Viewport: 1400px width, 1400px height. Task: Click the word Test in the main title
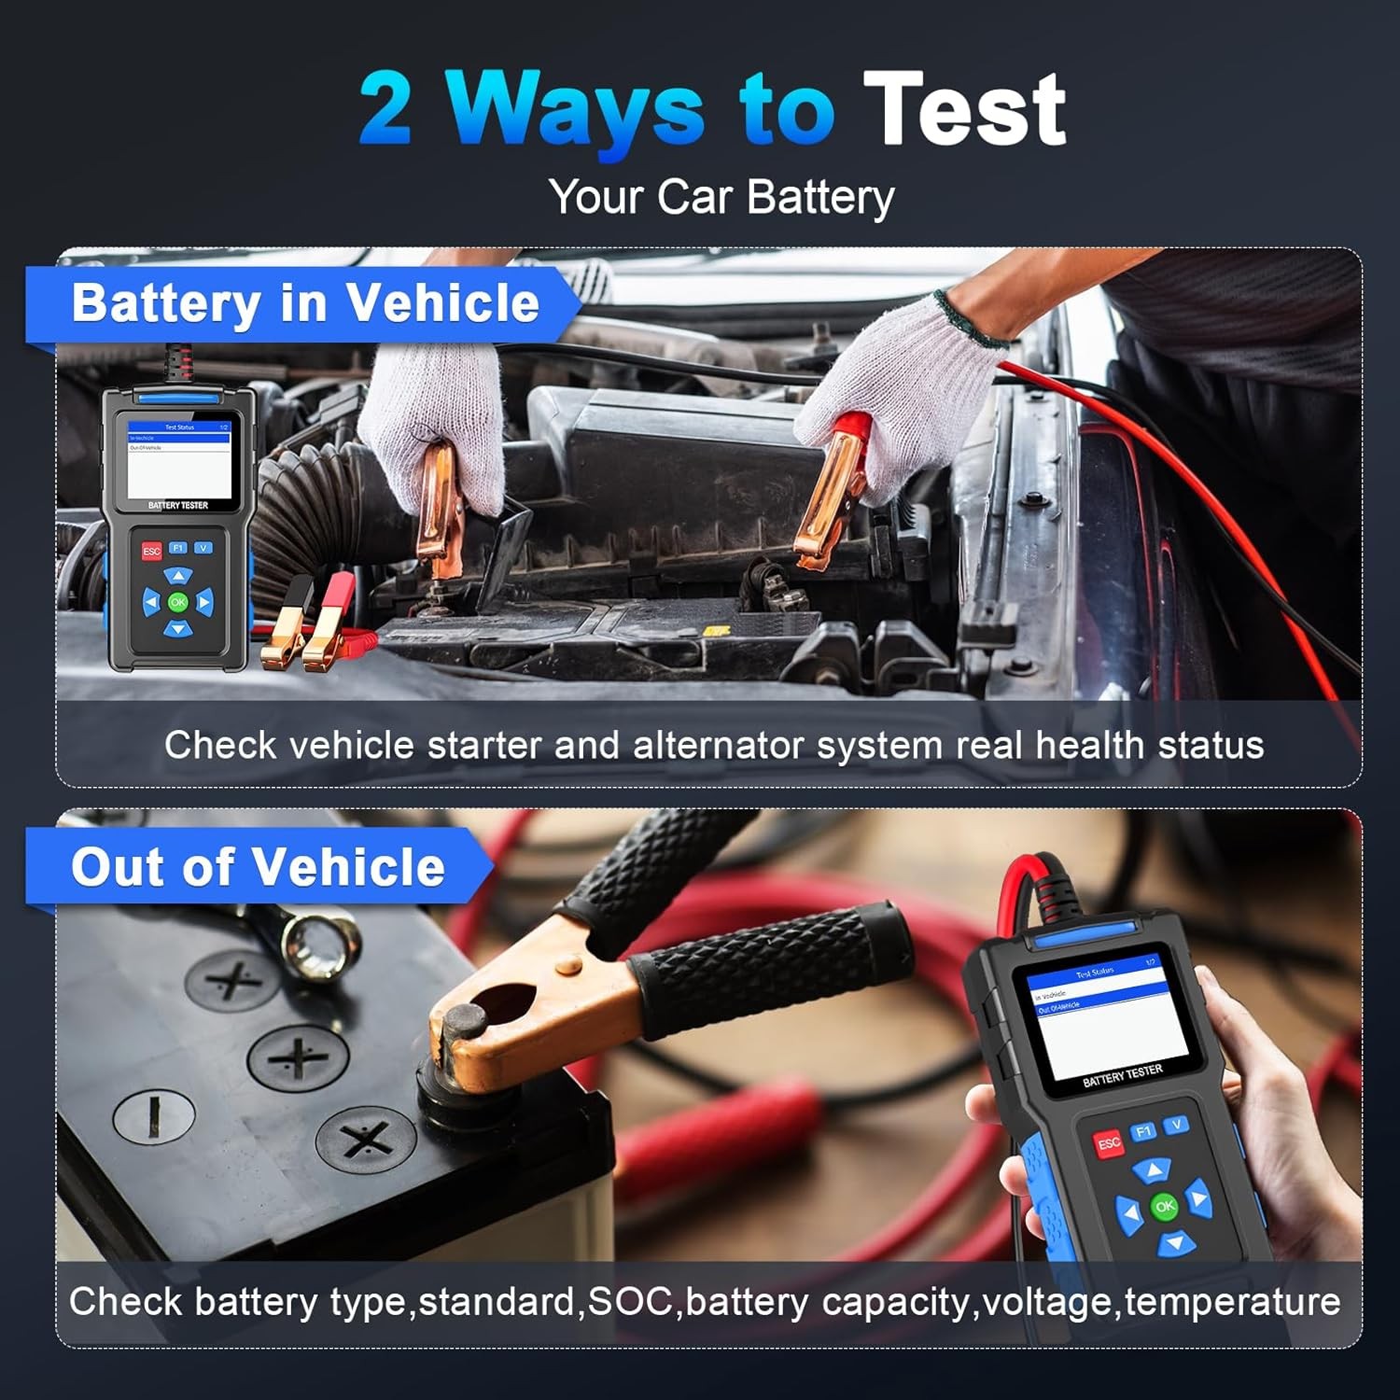click(964, 110)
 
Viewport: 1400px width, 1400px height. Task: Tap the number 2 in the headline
click(385, 110)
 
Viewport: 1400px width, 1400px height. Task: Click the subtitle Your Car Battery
click(721, 198)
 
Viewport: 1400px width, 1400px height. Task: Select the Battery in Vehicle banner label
click(305, 303)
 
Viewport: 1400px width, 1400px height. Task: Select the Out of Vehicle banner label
click(258, 867)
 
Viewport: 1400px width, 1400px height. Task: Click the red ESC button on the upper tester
click(151, 552)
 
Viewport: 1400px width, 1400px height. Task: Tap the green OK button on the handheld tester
click(1164, 1206)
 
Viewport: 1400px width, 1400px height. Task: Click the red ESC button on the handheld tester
click(1108, 1142)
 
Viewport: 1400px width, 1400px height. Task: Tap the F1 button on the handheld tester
click(1143, 1131)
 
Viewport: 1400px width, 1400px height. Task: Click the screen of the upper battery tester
click(178, 460)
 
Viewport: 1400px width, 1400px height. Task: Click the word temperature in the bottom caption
click(1232, 1301)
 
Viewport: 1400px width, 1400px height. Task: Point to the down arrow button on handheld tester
click(1175, 1242)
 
